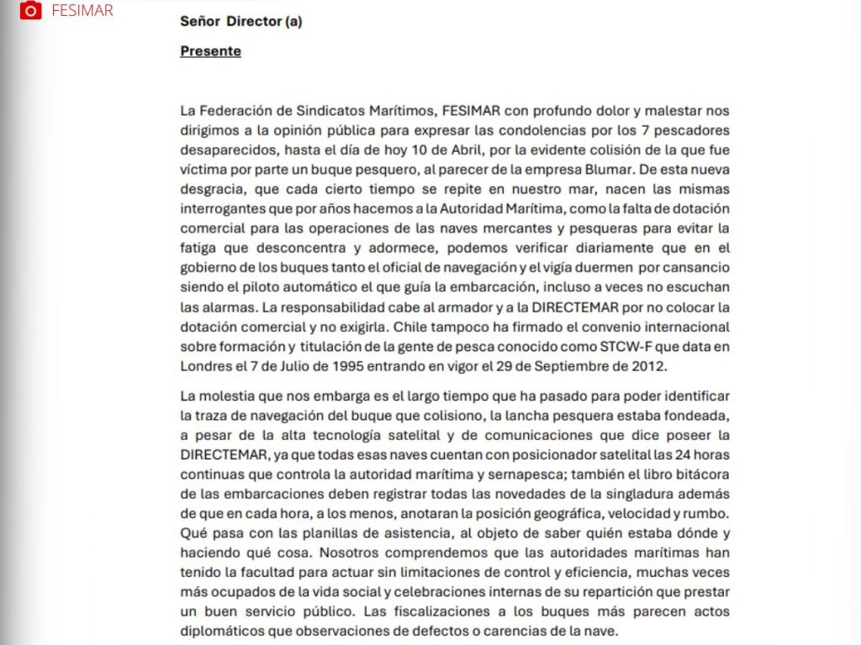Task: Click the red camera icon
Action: click(30, 10)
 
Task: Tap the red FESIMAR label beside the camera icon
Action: click(82, 11)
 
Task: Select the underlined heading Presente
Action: click(210, 51)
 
